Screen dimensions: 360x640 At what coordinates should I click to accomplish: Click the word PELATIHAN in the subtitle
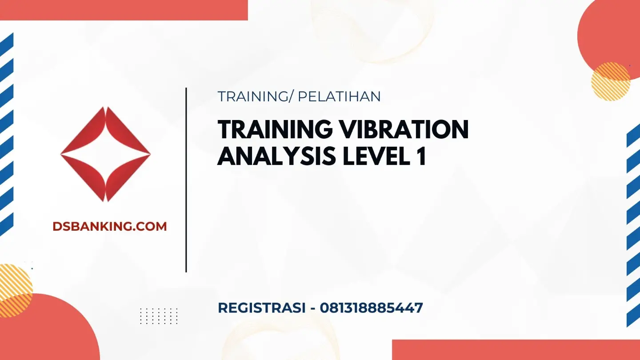[x=339, y=96]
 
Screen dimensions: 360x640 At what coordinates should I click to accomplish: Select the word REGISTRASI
[x=261, y=308]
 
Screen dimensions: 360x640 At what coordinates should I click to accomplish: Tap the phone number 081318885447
[x=371, y=308]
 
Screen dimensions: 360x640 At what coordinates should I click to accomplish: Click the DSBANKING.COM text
[x=109, y=226]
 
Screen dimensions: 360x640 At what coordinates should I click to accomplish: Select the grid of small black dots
[x=159, y=316]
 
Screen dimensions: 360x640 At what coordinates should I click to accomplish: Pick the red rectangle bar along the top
[x=124, y=10]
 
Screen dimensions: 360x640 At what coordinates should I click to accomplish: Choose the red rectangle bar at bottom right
[x=516, y=350]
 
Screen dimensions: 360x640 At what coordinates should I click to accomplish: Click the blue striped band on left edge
[x=7, y=133]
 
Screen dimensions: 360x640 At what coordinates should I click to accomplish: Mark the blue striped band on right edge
[x=633, y=227]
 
